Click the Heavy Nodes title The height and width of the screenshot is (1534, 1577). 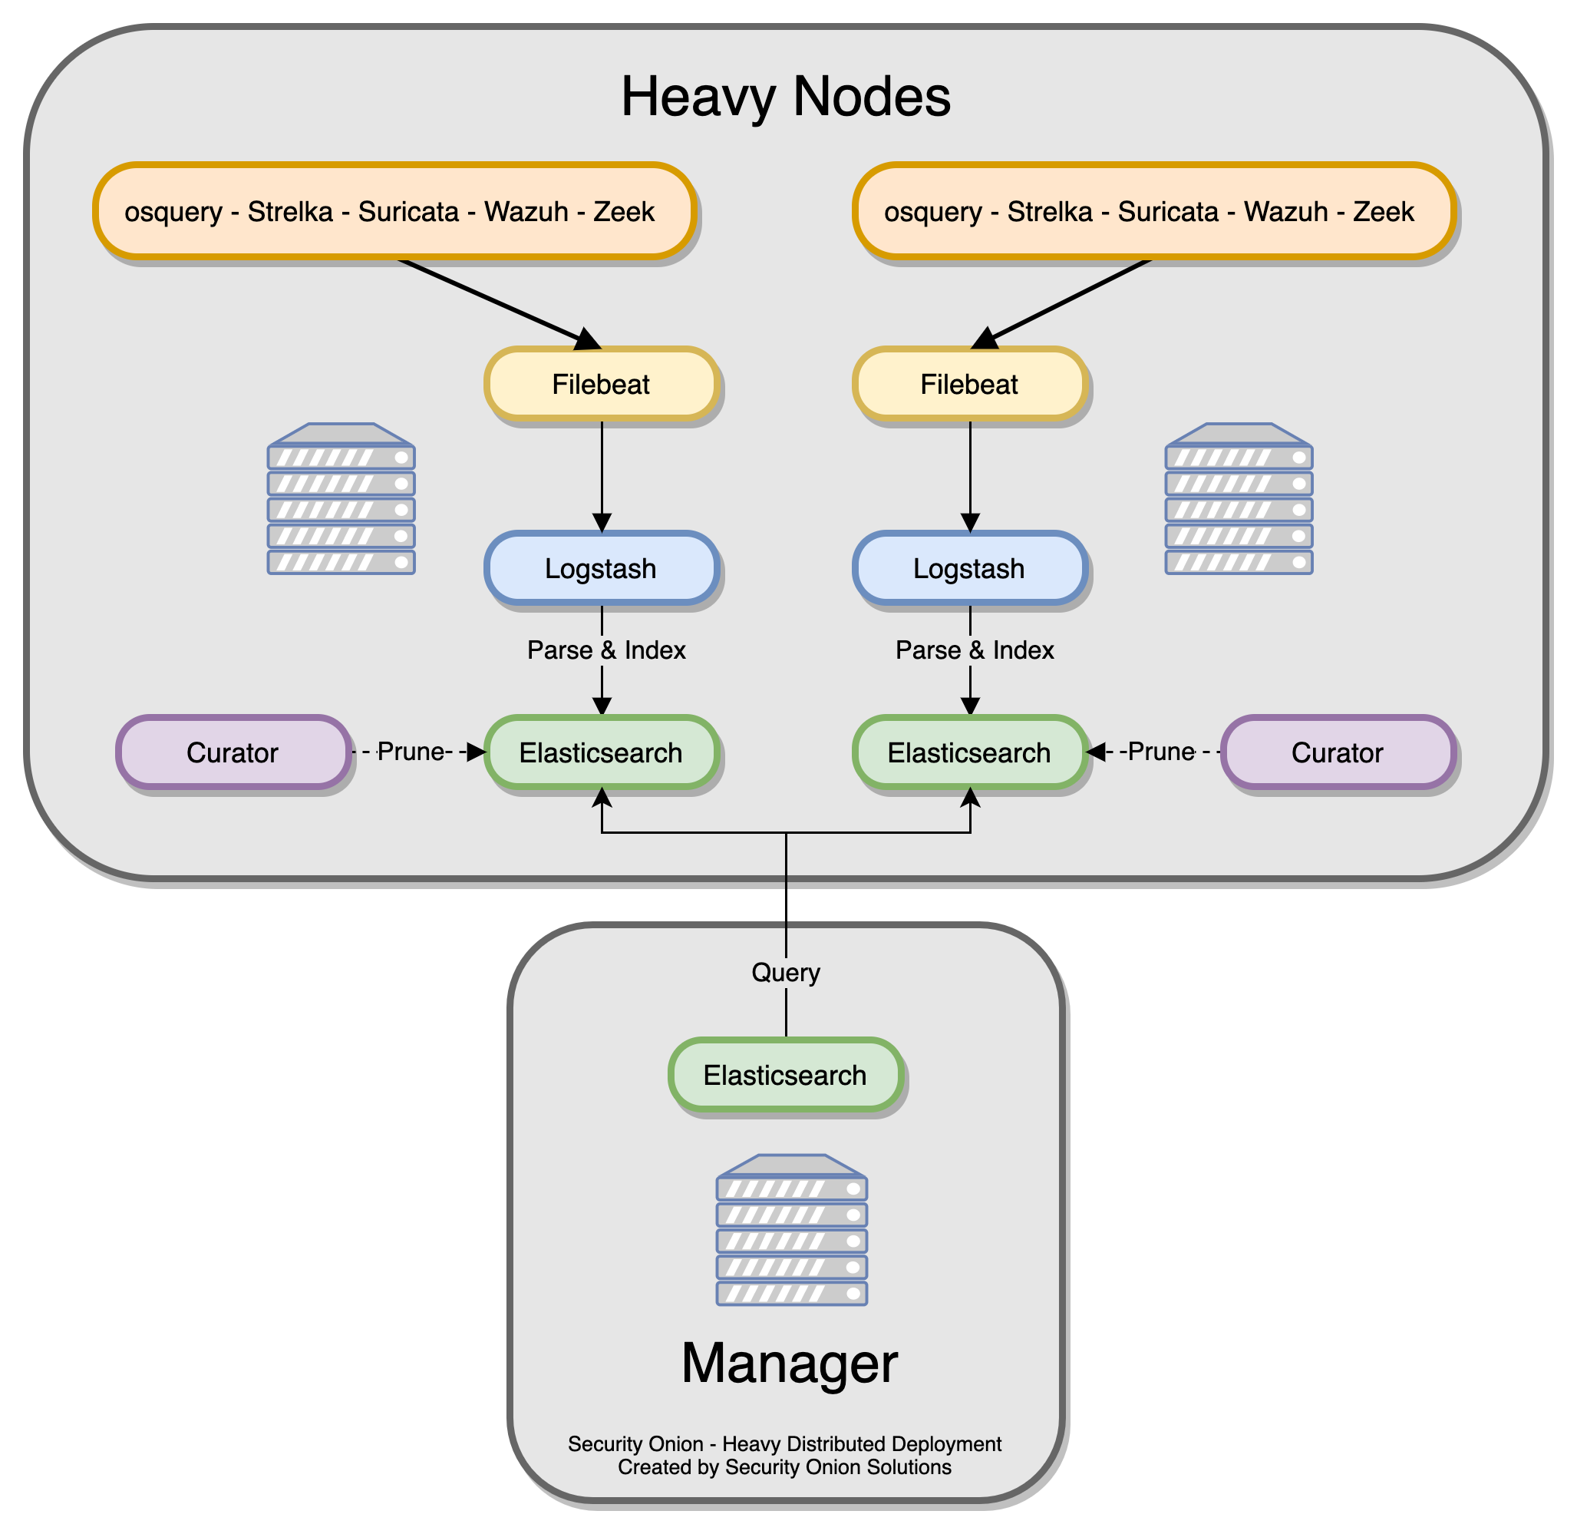[785, 98]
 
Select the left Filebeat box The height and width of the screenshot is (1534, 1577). [601, 385]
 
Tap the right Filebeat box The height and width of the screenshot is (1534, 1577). [969, 385]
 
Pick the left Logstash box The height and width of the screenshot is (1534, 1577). [601, 568]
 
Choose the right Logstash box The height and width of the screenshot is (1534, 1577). [969, 568]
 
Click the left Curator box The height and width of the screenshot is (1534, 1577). [233, 752]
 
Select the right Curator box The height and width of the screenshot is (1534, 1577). [1337, 752]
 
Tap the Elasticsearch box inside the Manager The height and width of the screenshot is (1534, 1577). [785, 1075]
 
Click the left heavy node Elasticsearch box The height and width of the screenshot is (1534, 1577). [601, 752]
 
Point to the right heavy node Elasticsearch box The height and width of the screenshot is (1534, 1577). [969, 752]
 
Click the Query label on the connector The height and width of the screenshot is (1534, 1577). [785, 973]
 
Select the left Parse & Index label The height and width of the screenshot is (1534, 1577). [605, 650]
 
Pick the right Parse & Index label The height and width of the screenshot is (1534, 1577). [975, 650]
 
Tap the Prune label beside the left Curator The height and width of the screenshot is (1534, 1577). [411, 752]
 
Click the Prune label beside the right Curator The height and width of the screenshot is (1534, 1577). [1161, 752]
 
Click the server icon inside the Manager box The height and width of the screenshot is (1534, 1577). [791, 1229]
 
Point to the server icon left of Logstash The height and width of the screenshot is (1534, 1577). [341, 499]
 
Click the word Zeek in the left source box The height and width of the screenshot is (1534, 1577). [623, 212]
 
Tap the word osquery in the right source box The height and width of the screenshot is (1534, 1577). [932, 212]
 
